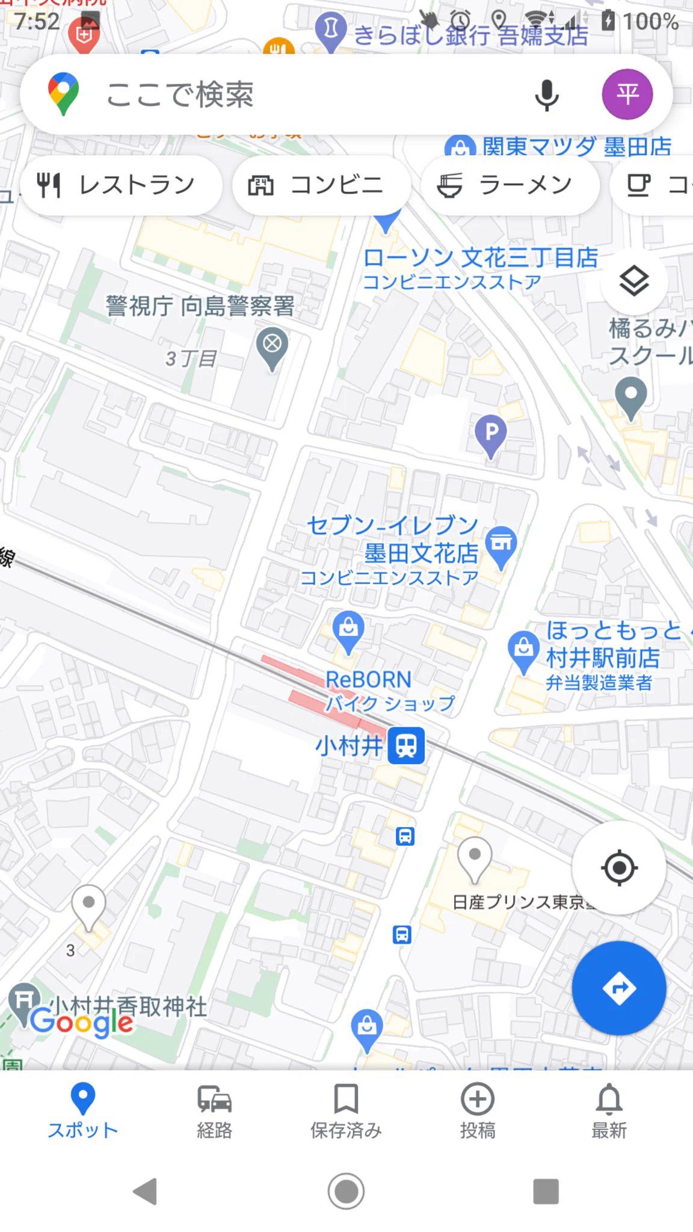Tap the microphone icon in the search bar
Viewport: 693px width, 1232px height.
(546, 95)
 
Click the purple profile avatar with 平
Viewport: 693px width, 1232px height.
(627, 94)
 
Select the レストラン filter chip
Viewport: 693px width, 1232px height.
(121, 185)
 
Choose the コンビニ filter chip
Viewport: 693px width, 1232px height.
(321, 185)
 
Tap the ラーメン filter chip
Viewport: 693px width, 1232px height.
(510, 185)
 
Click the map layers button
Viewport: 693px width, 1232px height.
(634, 282)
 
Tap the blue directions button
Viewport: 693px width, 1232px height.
(618, 988)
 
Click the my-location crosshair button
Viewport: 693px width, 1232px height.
(618, 867)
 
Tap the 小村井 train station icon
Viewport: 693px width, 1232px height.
(406, 745)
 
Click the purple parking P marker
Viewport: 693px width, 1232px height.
(491, 433)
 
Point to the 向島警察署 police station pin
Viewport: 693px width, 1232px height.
(272, 345)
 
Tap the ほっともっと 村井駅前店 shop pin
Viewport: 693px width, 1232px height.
(523, 650)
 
